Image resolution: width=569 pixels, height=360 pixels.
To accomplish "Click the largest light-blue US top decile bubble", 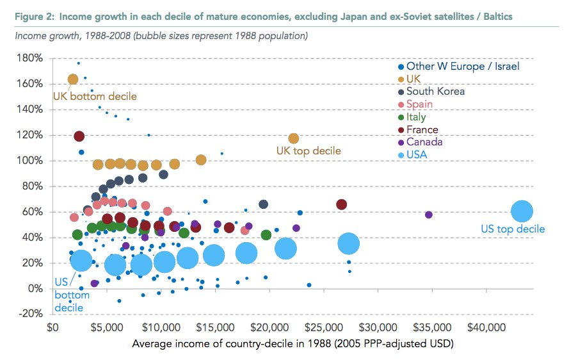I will pyautogui.click(x=522, y=211).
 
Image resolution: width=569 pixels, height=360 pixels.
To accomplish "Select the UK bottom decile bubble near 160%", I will pyautogui.click(x=73, y=79).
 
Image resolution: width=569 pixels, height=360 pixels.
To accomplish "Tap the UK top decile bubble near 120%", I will pyautogui.click(x=294, y=138).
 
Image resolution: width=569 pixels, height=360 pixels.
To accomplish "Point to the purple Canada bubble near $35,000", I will pyautogui.click(x=429, y=215).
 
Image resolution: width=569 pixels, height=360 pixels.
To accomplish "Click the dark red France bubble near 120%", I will pyautogui.click(x=79, y=136).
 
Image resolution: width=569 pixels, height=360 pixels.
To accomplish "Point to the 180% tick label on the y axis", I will pyautogui.click(x=31, y=58).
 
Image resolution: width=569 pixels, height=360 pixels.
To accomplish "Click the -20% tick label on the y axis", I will pyautogui.click(x=31, y=314).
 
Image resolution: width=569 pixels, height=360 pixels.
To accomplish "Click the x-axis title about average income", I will pyautogui.click(x=293, y=344).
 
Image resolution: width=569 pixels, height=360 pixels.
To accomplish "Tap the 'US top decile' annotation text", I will pyautogui.click(x=513, y=229).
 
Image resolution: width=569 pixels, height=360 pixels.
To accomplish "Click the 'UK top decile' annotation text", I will pyautogui.click(x=309, y=151).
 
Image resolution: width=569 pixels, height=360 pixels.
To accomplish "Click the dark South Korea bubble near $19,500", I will pyautogui.click(x=263, y=204).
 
